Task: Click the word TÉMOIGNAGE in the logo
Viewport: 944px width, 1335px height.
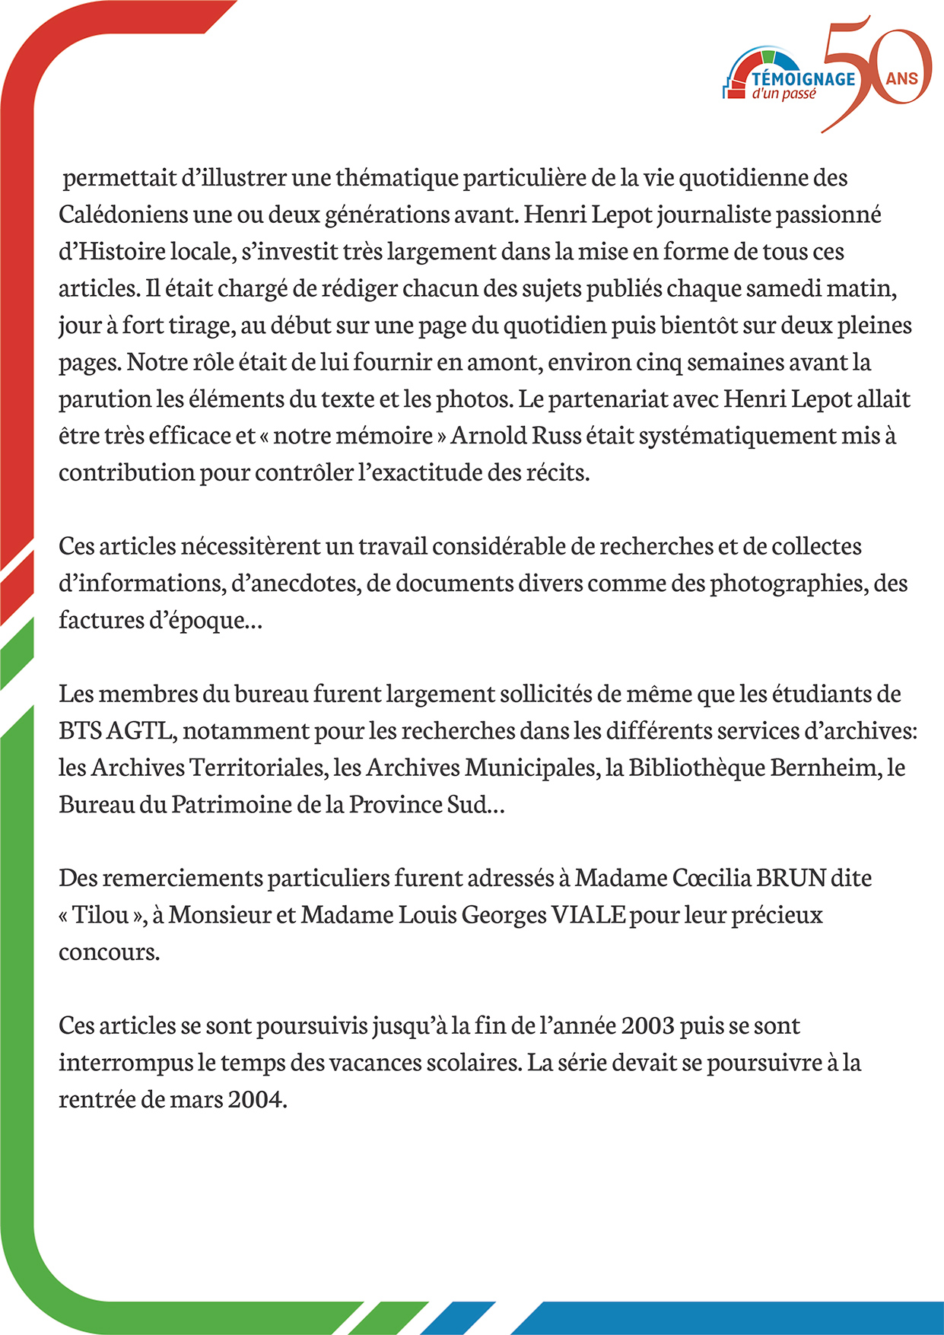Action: point(803,78)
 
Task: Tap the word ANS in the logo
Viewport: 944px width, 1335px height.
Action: point(902,78)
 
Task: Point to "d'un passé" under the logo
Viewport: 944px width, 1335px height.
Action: point(783,94)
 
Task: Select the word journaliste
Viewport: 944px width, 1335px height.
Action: point(714,215)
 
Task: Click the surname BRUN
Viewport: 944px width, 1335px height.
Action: point(791,878)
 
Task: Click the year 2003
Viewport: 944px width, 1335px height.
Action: point(647,1025)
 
